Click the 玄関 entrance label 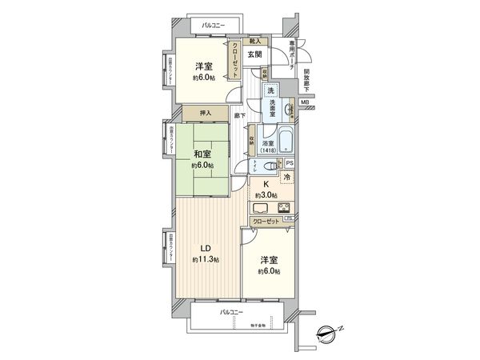tap(254, 54)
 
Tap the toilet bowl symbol tap(257, 166)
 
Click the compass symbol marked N tap(330, 330)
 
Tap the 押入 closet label tap(204, 113)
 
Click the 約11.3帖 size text tap(203, 260)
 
